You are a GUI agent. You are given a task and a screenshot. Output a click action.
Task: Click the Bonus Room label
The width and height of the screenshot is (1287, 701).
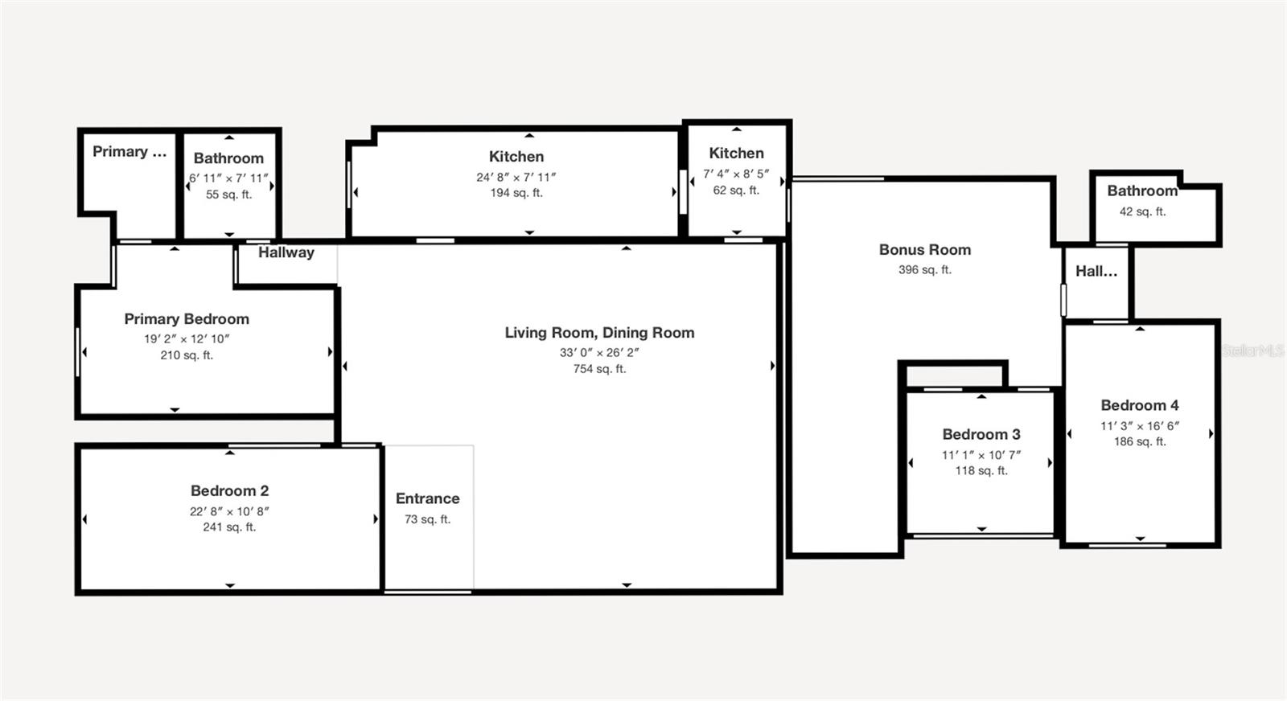click(925, 250)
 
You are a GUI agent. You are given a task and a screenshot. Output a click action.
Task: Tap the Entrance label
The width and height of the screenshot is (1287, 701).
click(427, 498)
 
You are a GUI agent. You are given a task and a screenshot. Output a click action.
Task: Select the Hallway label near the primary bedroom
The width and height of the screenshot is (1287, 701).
click(286, 252)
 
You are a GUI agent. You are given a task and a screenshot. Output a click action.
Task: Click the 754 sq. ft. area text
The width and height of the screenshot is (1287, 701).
click(599, 368)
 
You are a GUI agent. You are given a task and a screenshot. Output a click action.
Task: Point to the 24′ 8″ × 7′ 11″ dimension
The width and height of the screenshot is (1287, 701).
click(516, 178)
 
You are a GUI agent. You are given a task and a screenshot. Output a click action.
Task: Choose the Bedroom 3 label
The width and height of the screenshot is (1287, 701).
click(981, 434)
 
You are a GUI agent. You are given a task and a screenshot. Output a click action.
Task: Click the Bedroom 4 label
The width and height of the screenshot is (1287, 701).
click(1140, 405)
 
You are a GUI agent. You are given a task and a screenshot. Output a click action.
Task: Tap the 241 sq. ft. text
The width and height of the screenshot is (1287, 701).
click(229, 527)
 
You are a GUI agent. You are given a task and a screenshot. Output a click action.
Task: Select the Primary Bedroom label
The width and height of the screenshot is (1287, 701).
click(187, 318)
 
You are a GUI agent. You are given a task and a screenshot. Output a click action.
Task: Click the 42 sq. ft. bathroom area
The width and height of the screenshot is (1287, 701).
click(1143, 211)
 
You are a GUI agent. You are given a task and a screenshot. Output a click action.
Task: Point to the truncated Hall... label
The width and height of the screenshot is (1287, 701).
click(1096, 271)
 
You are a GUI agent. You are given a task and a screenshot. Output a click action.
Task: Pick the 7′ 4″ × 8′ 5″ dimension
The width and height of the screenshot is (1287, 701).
click(736, 174)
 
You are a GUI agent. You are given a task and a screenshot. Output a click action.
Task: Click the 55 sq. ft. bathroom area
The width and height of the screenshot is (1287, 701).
click(228, 194)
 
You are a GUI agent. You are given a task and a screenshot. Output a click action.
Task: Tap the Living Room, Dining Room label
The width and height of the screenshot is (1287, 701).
click(599, 333)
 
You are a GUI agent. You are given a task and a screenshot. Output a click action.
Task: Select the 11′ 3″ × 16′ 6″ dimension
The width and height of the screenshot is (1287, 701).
click(1140, 426)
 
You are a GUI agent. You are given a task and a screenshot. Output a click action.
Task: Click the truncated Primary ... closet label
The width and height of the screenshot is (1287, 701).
click(130, 152)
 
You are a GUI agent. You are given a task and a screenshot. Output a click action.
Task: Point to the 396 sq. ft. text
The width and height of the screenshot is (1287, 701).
click(925, 269)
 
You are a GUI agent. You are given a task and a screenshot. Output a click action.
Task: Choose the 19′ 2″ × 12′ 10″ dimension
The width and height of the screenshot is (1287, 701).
click(187, 338)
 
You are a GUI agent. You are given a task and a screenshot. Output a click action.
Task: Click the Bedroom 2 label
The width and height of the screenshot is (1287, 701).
click(229, 491)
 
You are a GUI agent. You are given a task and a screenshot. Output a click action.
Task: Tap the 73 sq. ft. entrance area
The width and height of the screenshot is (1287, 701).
click(427, 519)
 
